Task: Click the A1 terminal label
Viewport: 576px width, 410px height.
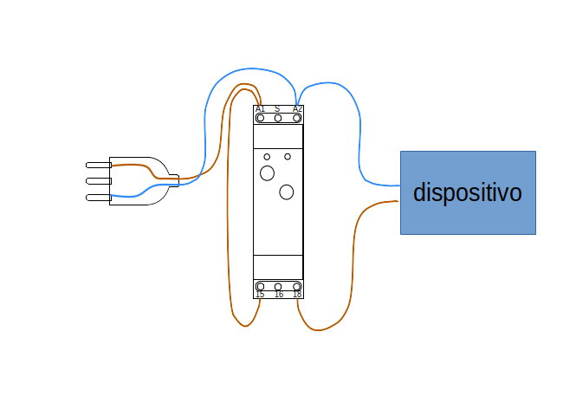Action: (x=260, y=109)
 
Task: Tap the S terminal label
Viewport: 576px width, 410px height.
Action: (x=277, y=108)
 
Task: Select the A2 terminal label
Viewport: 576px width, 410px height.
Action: (x=297, y=109)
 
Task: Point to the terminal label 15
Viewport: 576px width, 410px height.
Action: (x=260, y=295)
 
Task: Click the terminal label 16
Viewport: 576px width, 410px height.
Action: (x=279, y=295)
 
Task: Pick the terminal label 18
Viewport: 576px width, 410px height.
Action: (x=297, y=295)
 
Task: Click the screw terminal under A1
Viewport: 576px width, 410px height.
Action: (x=261, y=118)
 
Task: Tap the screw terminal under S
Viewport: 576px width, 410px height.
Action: (x=278, y=118)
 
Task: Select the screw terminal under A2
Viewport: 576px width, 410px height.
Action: (x=297, y=118)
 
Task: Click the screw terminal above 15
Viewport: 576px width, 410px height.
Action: (x=261, y=286)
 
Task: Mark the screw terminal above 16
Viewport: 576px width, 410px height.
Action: (x=278, y=286)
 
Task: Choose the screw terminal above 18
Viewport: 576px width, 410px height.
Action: (x=297, y=286)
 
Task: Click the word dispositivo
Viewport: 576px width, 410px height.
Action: (x=468, y=192)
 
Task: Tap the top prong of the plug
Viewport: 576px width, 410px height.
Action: (x=99, y=165)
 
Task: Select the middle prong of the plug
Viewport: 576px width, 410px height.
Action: (x=99, y=181)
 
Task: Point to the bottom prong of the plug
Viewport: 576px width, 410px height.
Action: (x=99, y=198)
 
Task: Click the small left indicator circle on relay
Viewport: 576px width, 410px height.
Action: (x=267, y=157)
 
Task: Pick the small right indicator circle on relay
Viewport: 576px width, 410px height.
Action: (x=288, y=157)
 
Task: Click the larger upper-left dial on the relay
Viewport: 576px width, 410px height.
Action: (x=267, y=173)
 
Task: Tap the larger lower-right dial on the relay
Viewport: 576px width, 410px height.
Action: (x=287, y=192)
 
